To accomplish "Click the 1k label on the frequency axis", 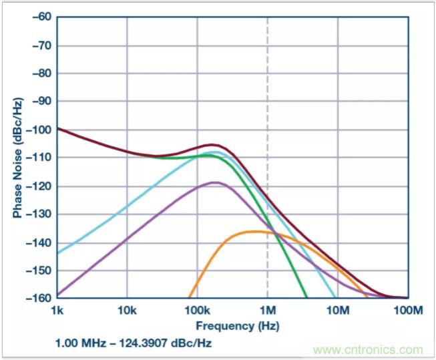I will point(57,311).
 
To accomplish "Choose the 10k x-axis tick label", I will point(127,311).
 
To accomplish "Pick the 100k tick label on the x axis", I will point(196,311).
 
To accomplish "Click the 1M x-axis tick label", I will point(267,311).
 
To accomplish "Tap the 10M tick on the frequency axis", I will point(338,311).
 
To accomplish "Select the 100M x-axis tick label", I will point(407,311).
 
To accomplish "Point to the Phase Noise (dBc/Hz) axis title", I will point(16,157).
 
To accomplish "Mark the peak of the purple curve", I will point(215,182).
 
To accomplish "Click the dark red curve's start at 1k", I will point(58,128).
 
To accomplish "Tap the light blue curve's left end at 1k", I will point(58,252).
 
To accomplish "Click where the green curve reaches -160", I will point(306,297).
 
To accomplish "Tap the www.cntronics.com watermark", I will point(369,349).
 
